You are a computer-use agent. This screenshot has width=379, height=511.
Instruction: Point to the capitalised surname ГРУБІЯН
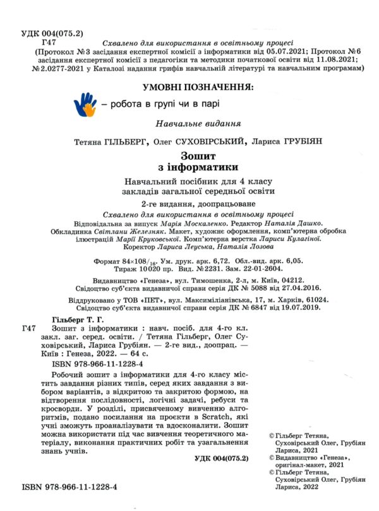click(x=299, y=142)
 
